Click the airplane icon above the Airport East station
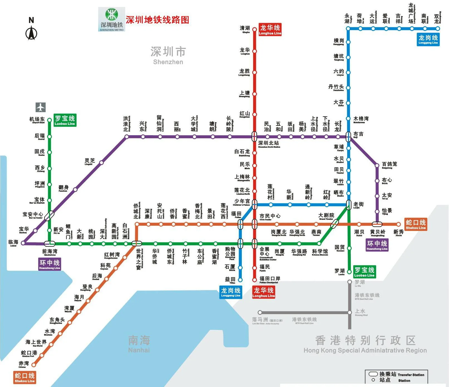pyautogui.click(x=40, y=107)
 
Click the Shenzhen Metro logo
pyautogui.click(x=112, y=19)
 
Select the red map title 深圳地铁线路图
pyautogui.click(x=157, y=20)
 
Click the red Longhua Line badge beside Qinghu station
pyautogui.click(x=270, y=29)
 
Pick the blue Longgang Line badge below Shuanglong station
pyautogui.click(x=428, y=39)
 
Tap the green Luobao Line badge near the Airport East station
pyautogui.click(x=65, y=120)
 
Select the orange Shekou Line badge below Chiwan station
pyautogui.click(x=25, y=377)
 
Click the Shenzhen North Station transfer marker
pyautogui.click(x=254, y=137)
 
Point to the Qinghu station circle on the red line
pyautogui.click(x=254, y=29)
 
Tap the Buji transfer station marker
pyautogui.click(x=348, y=137)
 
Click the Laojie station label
pyautogui.click(x=358, y=205)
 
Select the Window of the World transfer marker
pyautogui.click(x=136, y=243)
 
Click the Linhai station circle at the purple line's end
pyautogui.click(x=23, y=243)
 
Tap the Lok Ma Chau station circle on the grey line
pyautogui.click(x=260, y=312)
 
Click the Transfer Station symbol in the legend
pyautogui.click(x=373, y=374)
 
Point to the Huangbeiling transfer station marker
pyautogui.click(x=377, y=224)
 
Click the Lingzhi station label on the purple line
pyautogui.click(x=90, y=161)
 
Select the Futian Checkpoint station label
pyautogui.click(x=270, y=279)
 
